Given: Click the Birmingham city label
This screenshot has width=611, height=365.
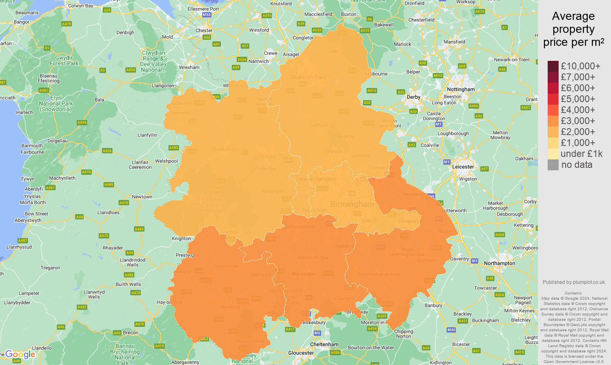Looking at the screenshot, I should pyautogui.click(x=352, y=204).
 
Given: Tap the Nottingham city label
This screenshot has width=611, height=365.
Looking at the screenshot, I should pyautogui.click(x=460, y=89).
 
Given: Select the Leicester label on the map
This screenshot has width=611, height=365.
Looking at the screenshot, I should pyautogui.click(x=463, y=167).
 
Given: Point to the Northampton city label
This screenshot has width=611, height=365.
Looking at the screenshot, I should pyautogui.click(x=499, y=263).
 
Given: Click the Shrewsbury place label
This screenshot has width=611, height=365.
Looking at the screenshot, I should pyautogui.click(x=224, y=149).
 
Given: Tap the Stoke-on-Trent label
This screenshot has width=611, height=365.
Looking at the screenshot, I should pyautogui.click(x=309, y=77).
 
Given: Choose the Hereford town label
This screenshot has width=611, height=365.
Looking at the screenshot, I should pyautogui.click(x=230, y=307).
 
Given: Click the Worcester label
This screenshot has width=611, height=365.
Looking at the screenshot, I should pyautogui.click(x=303, y=274).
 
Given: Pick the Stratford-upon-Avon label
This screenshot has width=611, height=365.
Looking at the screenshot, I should pyautogui.click(x=379, y=274).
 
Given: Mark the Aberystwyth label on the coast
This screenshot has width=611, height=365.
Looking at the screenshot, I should pyautogui.click(x=28, y=220).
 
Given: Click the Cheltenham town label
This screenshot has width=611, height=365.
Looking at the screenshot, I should pyautogui.click(x=324, y=344).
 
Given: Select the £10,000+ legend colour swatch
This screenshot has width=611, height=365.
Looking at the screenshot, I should pyautogui.click(x=553, y=66).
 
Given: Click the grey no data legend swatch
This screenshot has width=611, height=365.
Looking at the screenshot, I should pyautogui.click(x=553, y=165).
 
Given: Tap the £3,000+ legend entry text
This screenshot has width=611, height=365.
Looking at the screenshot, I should pyautogui.click(x=578, y=121).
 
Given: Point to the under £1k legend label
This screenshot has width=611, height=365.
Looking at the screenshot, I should pyautogui.click(x=581, y=154).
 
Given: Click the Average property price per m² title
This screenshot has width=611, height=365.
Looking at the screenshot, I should pyautogui.click(x=573, y=29).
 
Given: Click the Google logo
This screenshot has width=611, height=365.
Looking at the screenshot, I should pyautogui.click(x=20, y=354).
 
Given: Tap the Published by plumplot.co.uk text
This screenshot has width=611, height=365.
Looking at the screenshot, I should pyautogui.click(x=574, y=282).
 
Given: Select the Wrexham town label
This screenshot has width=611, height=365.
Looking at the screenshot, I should pyautogui.click(x=189, y=67).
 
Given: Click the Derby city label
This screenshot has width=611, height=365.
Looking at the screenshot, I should pyautogui.click(x=413, y=97).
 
